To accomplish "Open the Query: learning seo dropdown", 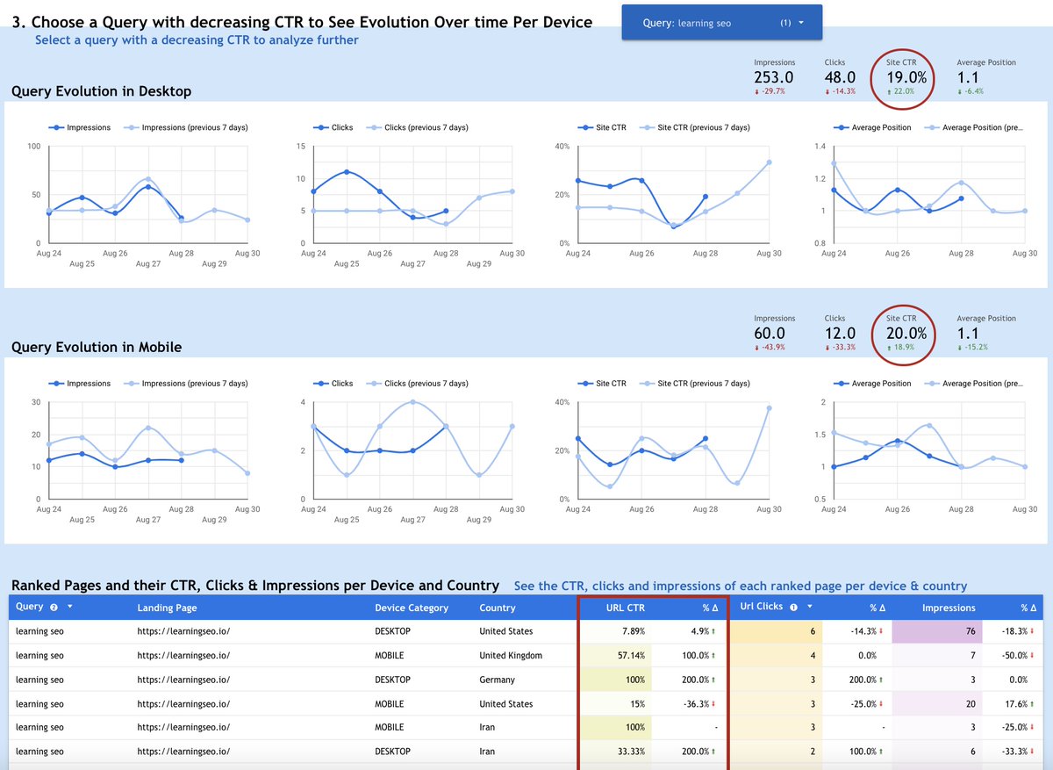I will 721,23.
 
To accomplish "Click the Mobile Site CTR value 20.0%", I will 906,333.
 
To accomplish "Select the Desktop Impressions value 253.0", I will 774,77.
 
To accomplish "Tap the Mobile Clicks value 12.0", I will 840,334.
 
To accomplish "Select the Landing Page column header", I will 167,608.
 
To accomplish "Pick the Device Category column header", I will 411,608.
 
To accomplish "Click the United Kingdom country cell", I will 511,655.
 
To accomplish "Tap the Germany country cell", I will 498,680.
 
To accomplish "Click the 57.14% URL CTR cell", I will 630,655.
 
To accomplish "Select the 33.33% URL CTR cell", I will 630,752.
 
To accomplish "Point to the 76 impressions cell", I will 971,631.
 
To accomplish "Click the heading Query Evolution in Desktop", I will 101,91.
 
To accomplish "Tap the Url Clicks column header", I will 762,607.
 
